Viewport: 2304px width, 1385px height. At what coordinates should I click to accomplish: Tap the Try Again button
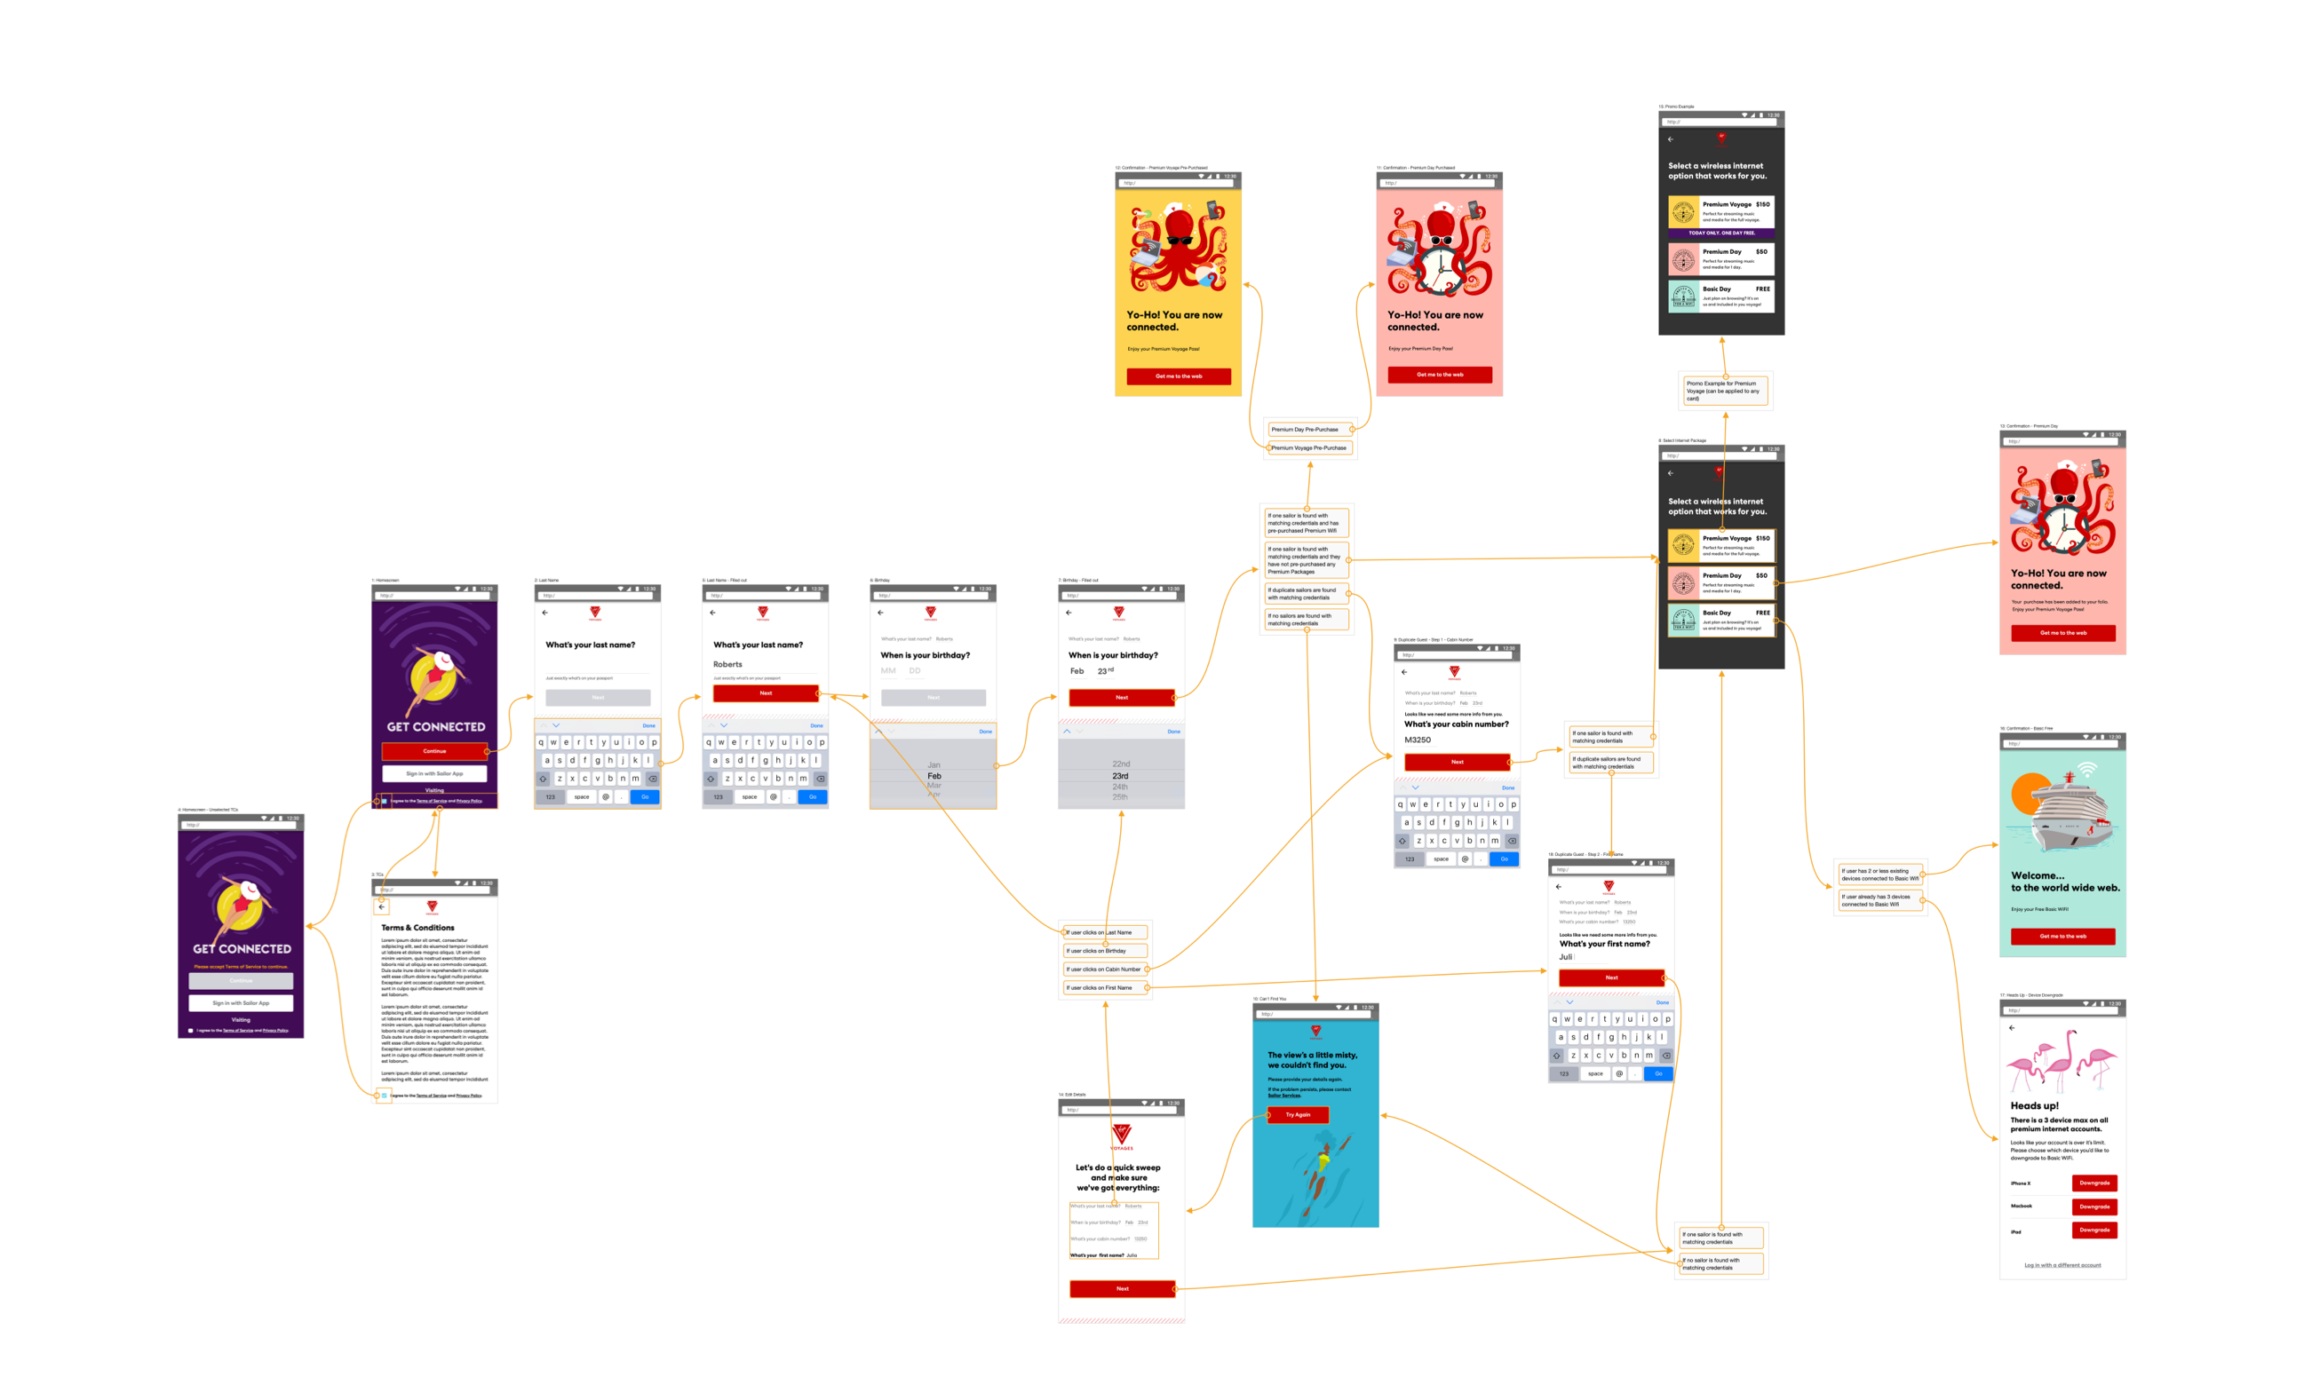(x=1298, y=1114)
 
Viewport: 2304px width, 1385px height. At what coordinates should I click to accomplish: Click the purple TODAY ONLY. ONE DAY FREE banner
(x=1720, y=233)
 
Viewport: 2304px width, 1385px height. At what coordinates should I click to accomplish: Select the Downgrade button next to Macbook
(x=2094, y=1207)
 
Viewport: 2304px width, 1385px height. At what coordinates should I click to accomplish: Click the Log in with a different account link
(x=2062, y=1265)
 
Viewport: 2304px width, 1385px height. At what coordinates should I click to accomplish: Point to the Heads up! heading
(x=2034, y=1105)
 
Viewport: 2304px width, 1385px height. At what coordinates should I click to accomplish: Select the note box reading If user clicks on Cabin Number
(x=1104, y=969)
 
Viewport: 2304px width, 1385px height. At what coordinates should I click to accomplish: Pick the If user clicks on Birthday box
(x=1104, y=951)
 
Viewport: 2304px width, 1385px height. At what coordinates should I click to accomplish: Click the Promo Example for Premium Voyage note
(x=1725, y=391)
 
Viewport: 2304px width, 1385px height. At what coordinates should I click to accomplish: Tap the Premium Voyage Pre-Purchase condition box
(x=1309, y=448)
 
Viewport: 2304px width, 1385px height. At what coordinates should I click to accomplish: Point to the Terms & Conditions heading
(x=417, y=928)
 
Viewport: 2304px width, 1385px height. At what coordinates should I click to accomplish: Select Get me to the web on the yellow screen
(x=1178, y=376)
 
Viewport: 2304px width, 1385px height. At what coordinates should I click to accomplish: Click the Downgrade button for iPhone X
(x=2094, y=1183)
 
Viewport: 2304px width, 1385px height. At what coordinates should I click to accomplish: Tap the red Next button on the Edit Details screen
(x=1122, y=1289)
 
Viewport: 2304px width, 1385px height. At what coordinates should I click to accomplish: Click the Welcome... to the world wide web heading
(x=2064, y=882)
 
